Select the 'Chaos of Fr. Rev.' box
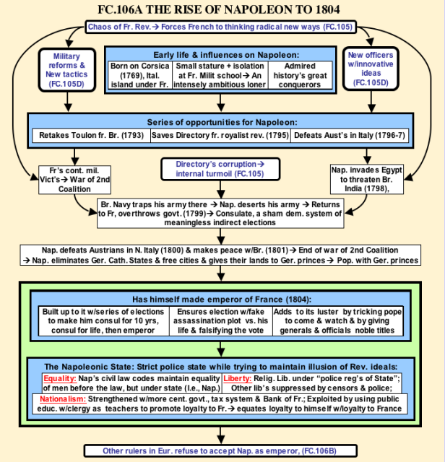220,27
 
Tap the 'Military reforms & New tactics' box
67,70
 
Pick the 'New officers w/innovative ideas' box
371,69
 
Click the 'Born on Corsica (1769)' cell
139,75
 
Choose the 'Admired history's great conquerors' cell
301,75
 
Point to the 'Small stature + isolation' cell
220,75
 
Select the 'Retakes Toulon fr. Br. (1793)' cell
92,135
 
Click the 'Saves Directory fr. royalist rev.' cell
220,135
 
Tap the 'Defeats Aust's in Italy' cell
350,135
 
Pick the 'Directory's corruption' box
220,169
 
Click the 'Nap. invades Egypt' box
367,179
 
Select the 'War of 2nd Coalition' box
74,180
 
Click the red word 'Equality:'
60,378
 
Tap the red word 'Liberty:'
238,378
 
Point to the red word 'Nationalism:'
63,399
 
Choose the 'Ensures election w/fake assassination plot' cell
221,321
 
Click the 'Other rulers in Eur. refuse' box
220,450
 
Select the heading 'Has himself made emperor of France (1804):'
222,300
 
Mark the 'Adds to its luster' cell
337,321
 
